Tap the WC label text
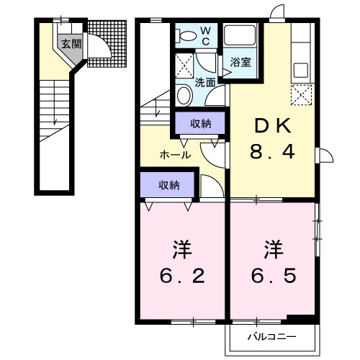[x=204, y=35]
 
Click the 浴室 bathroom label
[x=240, y=63]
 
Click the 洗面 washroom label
[x=205, y=82]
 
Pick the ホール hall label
[x=175, y=154]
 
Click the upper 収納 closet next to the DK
[x=201, y=124]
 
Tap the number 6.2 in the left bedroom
[x=182, y=276]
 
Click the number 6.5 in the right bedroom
[x=273, y=276]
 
